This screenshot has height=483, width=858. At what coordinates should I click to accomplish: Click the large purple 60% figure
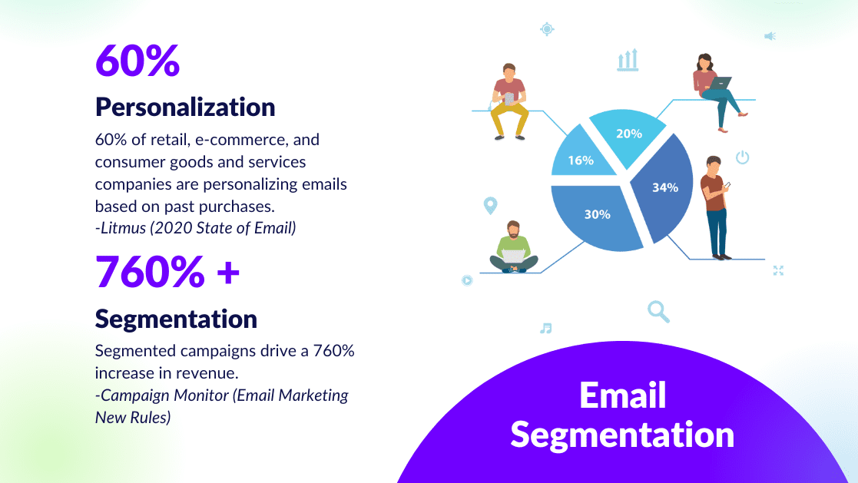click(x=137, y=61)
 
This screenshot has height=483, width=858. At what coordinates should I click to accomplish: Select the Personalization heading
click(x=185, y=107)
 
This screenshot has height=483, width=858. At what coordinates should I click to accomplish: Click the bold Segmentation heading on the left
click(x=176, y=318)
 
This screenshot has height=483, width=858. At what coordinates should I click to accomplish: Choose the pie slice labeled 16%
click(x=581, y=160)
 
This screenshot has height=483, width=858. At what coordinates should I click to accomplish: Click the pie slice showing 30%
click(x=597, y=215)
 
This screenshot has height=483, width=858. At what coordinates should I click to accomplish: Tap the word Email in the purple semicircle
click(x=622, y=395)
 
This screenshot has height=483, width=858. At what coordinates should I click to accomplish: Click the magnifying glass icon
click(x=658, y=311)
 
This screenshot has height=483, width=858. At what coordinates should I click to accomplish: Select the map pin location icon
click(x=490, y=206)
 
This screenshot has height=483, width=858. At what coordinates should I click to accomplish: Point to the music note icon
click(x=545, y=328)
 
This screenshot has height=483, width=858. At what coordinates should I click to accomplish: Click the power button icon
click(x=742, y=158)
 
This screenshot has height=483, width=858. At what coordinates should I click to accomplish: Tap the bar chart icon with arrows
click(x=628, y=61)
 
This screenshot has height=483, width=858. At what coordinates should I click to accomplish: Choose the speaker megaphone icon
click(x=770, y=35)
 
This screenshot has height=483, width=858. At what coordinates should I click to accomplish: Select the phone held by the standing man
click(x=727, y=185)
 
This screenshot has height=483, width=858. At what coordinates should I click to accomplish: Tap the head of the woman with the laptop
click(x=706, y=61)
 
